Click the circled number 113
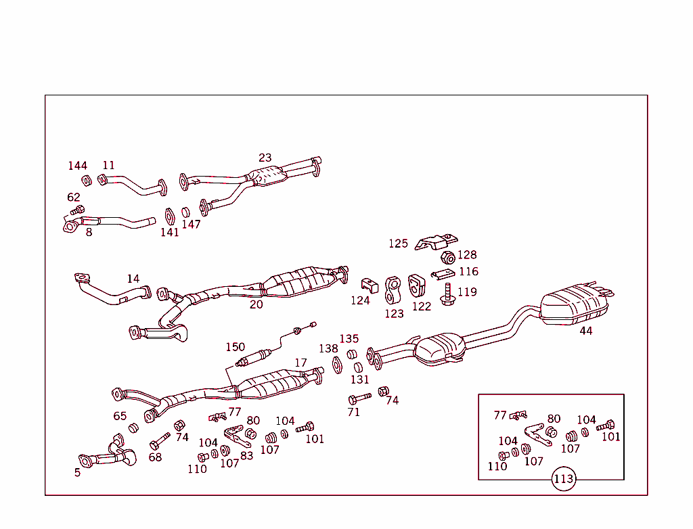tap(563, 480)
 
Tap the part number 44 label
tap(585, 331)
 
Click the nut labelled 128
tap(447, 257)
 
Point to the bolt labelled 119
tap(447, 295)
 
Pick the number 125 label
tap(398, 244)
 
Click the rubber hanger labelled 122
tap(416, 285)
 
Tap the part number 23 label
tap(265, 158)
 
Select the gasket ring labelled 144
tap(87, 180)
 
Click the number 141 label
tap(169, 232)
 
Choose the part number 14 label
tap(133, 279)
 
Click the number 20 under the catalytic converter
tap(256, 304)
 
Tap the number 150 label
tap(235, 347)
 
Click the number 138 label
tap(328, 348)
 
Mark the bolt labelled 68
tap(159, 443)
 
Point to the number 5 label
tap(77, 472)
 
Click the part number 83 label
tap(246, 455)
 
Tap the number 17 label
tap(300, 363)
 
